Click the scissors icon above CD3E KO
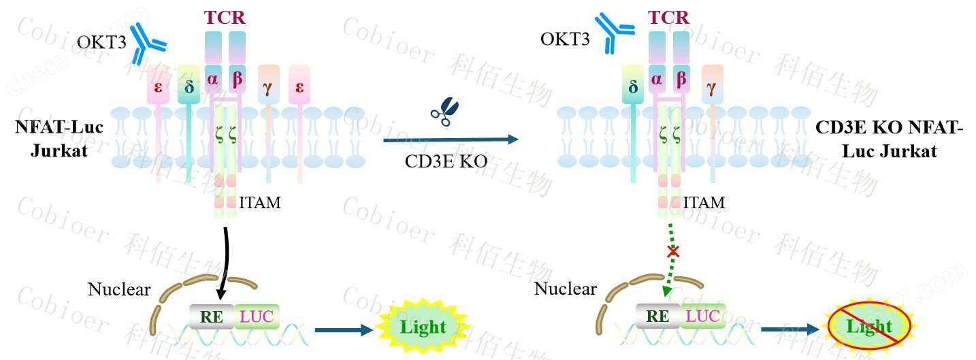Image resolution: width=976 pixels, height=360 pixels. point(445,112)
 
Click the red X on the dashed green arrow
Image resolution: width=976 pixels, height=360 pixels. point(673,252)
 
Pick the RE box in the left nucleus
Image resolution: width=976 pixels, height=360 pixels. point(212,316)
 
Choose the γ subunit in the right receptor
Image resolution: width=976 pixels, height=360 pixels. point(712,86)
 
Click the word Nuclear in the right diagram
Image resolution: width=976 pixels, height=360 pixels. point(565,289)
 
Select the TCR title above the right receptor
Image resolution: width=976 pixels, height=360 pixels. point(668,18)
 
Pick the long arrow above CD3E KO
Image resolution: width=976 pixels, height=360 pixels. point(449,140)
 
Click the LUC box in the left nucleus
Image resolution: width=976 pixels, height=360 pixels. point(257,316)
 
